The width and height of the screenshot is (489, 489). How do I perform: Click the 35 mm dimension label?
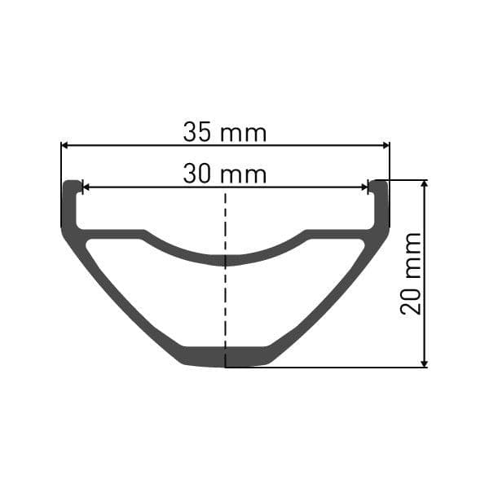point(225,132)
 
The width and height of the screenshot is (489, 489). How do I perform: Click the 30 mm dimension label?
point(225,174)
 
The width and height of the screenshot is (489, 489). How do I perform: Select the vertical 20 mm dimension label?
point(412,273)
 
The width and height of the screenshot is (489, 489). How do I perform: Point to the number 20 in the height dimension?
point(412,299)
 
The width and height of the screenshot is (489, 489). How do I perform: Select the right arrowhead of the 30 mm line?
point(364,187)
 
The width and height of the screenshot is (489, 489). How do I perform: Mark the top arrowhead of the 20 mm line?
point(424,185)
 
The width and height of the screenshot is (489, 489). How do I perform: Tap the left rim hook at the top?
point(73,187)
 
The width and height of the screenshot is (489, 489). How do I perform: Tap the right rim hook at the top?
point(378,187)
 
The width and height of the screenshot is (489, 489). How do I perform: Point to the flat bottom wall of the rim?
point(226,356)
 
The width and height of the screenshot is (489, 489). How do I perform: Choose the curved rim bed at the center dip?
point(226,260)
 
